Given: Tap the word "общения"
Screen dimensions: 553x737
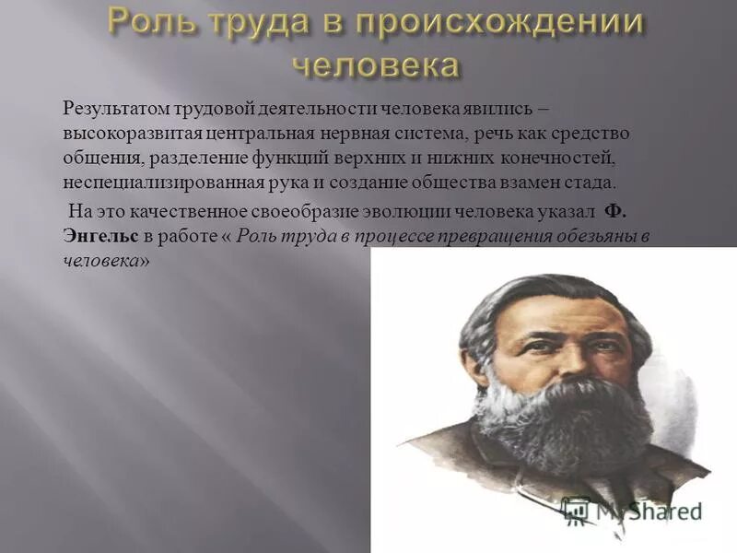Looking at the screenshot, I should point(95,158).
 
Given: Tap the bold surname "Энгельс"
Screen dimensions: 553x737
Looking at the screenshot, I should point(100,236).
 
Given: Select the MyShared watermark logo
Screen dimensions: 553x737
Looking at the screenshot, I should point(632,510).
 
